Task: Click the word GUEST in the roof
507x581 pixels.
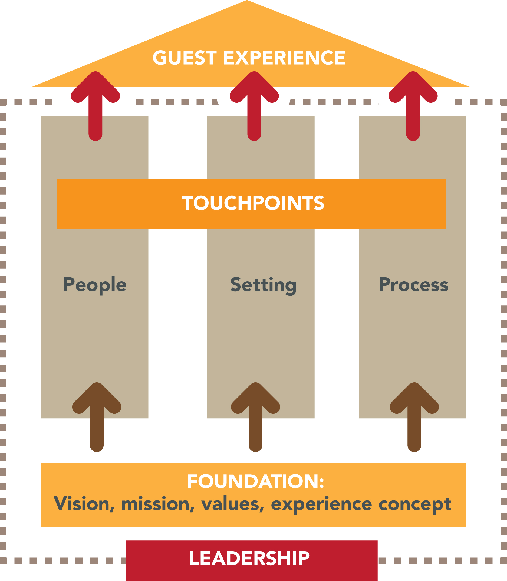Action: tap(185, 58)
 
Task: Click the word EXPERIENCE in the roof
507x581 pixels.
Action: tap(284, 58)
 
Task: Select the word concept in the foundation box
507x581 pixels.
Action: tap(415, 505)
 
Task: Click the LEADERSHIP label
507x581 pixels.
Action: tap(249, 558)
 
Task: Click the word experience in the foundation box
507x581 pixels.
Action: tap(321, 505)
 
